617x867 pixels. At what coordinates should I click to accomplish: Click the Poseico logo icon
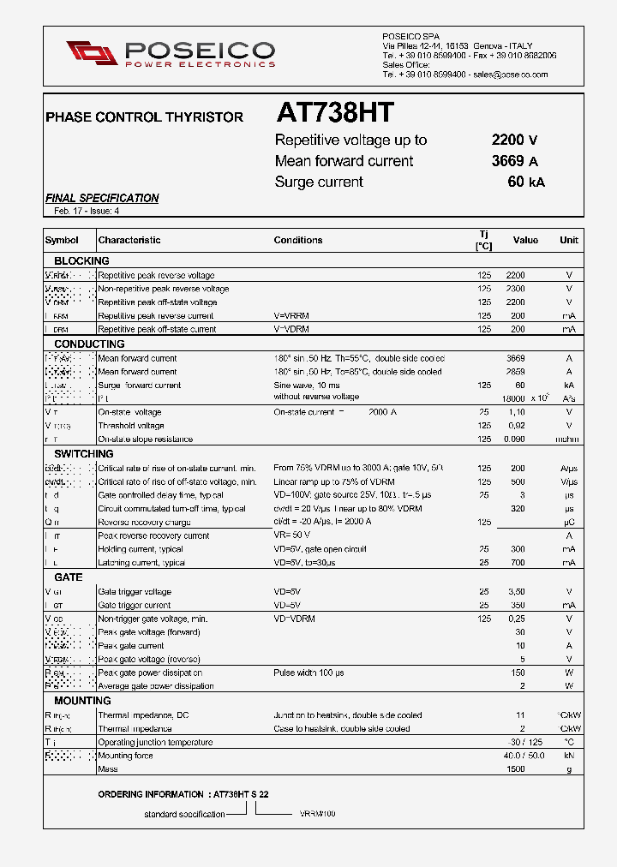pyautogui.click(x=92, y=52)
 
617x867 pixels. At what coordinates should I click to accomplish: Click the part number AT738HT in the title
pyautogui.click(x=335, y=113)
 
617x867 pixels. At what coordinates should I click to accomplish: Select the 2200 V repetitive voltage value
pyautogui.click(x=514, y=141)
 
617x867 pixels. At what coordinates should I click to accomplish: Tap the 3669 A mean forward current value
pyautogui.click(x=514, y=161)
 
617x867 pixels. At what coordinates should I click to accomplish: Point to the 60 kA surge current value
pyautogui.click(x=525, y=182)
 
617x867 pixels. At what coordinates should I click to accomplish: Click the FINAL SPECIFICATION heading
pyautogui.click(x=102, y=198)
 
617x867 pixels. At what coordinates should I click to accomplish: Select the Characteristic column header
pyautogui.click(x=129, y=241)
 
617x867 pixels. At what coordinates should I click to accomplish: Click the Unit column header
pyautogui.click(x=569, y=241)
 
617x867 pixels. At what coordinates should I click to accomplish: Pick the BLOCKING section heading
pyautogui.click(x=81, y=260)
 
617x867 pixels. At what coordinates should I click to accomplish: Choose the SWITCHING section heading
pyautogui.click(x=84, y=453)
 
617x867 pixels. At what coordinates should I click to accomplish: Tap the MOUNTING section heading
pyautogui.click(x=83, y=701)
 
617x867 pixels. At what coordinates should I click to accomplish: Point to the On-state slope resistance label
pyautogui.click(x=145, y=439)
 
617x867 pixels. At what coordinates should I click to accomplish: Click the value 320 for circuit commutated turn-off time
pyautogui.click(x=517, y=509)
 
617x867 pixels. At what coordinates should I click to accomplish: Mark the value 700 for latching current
pyautogui.click(x=517, y=563)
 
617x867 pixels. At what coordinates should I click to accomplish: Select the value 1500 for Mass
pyautogui.click(x=515, y=769)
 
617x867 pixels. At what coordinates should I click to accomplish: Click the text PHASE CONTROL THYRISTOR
pyautogui.click(x=144, y=117)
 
